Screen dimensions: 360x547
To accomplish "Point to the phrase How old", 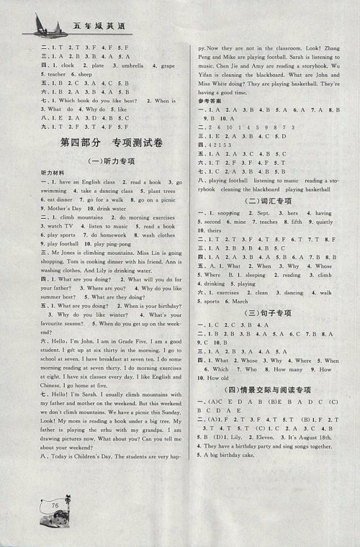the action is [219, 378].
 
